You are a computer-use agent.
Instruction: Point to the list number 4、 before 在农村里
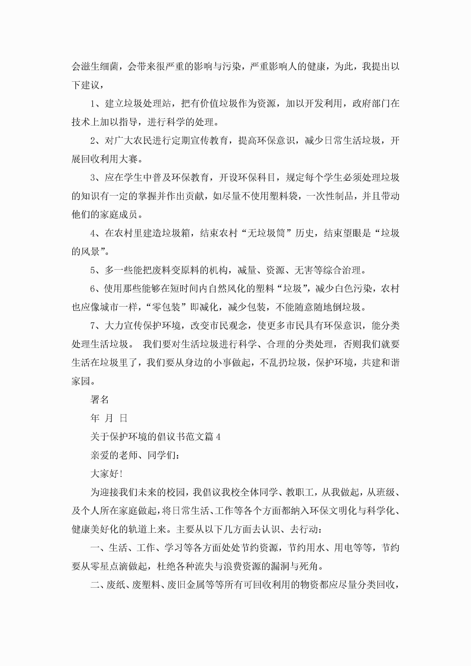click(x=97, y=233)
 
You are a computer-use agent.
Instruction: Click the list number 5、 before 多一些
click(x=97, y=270)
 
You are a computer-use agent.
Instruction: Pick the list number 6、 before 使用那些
click(x=97, y=289)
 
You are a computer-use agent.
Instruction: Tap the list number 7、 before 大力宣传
click(x=97, y=326)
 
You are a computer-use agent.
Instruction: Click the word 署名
click(x=100, y=400)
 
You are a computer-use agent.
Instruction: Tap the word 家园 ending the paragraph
click(x=81, y=381)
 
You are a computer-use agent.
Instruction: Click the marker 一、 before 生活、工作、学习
click(x=99, y=548)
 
